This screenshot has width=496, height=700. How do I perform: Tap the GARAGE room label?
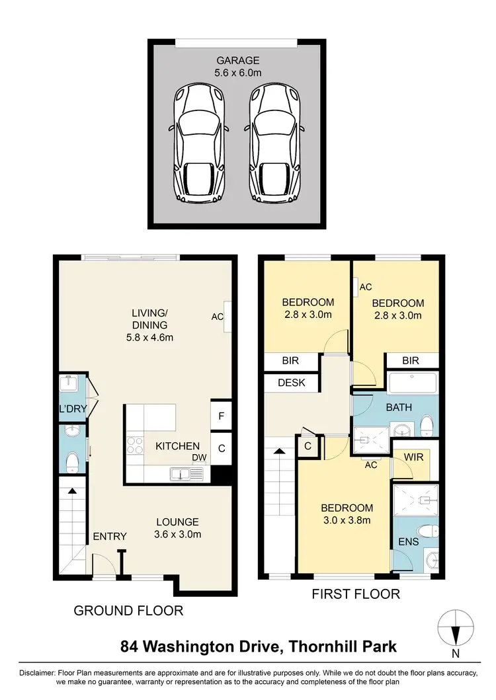coord(237,60)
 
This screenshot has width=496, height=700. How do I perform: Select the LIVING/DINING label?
coord(149,319)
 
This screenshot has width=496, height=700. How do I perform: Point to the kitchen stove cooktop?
coord(135,446)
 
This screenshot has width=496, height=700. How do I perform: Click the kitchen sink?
coord(179,473)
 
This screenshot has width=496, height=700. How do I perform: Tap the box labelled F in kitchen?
coord(222,416)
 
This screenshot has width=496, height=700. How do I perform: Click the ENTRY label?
coord(109,535)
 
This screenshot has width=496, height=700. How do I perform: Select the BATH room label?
coord(399,407)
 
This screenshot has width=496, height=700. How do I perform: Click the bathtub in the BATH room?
coord(412,383)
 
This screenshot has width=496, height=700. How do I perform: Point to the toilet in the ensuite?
coord(428,531)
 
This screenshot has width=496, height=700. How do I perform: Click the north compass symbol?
coord(456,626)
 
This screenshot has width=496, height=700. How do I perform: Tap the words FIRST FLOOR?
coord(356,594)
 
